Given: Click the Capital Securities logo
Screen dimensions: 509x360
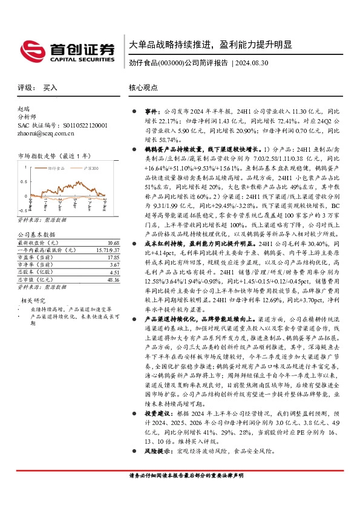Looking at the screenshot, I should point(66,50).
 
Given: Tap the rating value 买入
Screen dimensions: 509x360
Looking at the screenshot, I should point(50,88).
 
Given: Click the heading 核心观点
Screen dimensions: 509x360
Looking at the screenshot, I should point(143,88).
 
